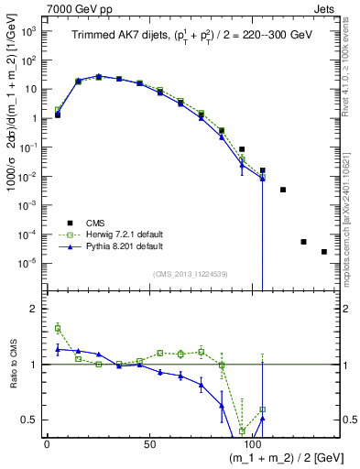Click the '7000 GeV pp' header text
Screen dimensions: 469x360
coord(38,7)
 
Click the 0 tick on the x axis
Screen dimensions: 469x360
coord(47,444)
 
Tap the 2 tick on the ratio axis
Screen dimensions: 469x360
coord(34,309)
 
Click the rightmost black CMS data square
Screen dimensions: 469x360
coord(323,252)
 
